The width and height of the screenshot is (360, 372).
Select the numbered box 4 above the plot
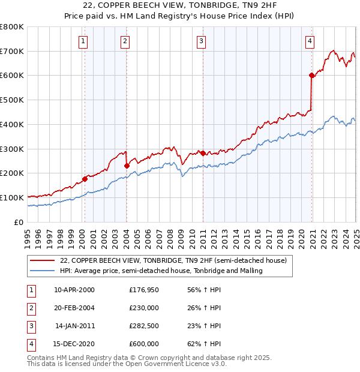point(310,41)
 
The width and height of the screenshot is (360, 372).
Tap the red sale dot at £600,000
point(312,76)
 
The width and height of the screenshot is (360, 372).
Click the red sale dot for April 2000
point(85,178)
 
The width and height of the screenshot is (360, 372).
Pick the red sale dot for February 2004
point(127,166)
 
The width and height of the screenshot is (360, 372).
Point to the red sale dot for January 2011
point(203,153)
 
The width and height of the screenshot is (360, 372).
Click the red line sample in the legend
point(43,261)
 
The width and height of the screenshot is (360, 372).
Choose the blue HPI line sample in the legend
point(43,271)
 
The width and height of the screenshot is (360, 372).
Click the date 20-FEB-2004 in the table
point(74,308)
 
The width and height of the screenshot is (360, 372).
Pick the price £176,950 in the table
point(144,290)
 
